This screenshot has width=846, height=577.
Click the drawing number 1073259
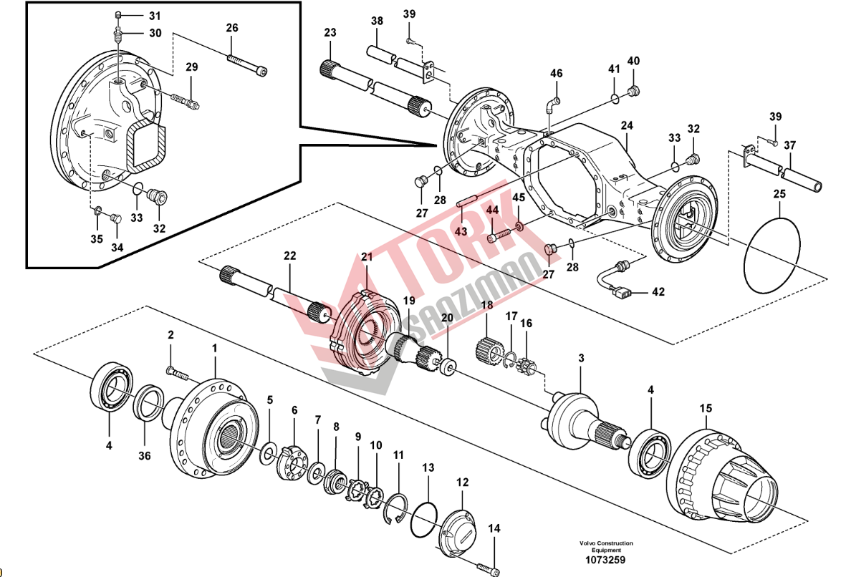point(605,560)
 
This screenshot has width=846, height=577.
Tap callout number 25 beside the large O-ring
point(779,193)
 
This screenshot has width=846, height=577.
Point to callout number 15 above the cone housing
point(706,408)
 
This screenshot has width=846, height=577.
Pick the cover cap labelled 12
point(458,529)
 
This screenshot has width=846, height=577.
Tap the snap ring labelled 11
point(398,508)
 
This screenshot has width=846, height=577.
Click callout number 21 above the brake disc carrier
point(367,257)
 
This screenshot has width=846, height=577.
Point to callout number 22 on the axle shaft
point(289,256)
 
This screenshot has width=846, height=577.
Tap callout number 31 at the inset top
point(155,15)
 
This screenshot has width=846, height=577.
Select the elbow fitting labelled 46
point(550,105)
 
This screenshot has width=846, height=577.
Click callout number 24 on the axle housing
point(627,126)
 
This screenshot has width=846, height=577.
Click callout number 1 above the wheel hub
point(213,346)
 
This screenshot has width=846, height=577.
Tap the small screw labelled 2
point(176,372)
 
